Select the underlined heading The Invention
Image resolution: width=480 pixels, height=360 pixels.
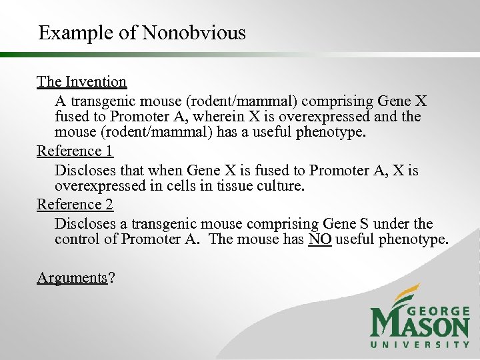point(81,82)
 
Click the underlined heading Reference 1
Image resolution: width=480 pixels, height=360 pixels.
point(75,151)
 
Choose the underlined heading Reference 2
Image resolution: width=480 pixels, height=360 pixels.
point(75,204)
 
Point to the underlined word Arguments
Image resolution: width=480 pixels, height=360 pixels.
point(72,277)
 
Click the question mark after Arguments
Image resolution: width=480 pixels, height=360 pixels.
point(111,277)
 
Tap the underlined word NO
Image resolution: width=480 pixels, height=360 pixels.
point(320,239)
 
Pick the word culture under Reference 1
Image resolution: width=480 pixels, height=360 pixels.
point(281,187)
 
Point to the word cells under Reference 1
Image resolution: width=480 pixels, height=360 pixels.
point(187,187)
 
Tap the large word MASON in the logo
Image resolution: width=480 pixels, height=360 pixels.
point(419,326)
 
